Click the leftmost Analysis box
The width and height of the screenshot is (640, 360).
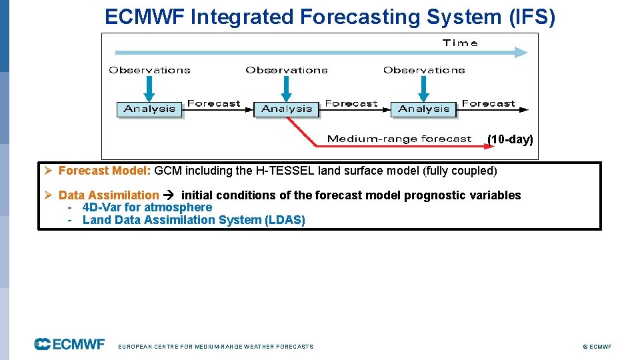(x=150, y=109)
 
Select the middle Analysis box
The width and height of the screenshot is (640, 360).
(x=287, y=109)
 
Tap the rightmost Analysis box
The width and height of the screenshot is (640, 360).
(x=424, y=109)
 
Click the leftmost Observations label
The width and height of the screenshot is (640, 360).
(x=149, y=70)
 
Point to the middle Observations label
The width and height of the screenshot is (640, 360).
(x=287, y=70)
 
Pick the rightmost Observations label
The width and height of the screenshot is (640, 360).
(x=424, y=70)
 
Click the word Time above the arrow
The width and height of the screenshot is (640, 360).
(x=460, y=43)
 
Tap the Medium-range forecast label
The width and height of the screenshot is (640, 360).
(x=399, y=139)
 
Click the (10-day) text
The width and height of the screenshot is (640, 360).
(x=510, y=139)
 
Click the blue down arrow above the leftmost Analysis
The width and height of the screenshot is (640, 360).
(x=149, y=88)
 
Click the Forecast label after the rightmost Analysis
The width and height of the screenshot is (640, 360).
(x=489, y=103)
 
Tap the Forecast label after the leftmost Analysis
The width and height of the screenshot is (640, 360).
(x=213, y=103)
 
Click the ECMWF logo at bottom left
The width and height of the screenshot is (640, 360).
(x=70, y=344)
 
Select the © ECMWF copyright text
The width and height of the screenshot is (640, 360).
(x=597, y=347)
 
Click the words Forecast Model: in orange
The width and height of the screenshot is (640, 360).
(x=105, y=171)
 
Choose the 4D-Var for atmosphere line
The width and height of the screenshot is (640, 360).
(x=147, y=207)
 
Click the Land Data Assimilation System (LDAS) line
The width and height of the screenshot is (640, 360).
(x=193, y=220)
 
